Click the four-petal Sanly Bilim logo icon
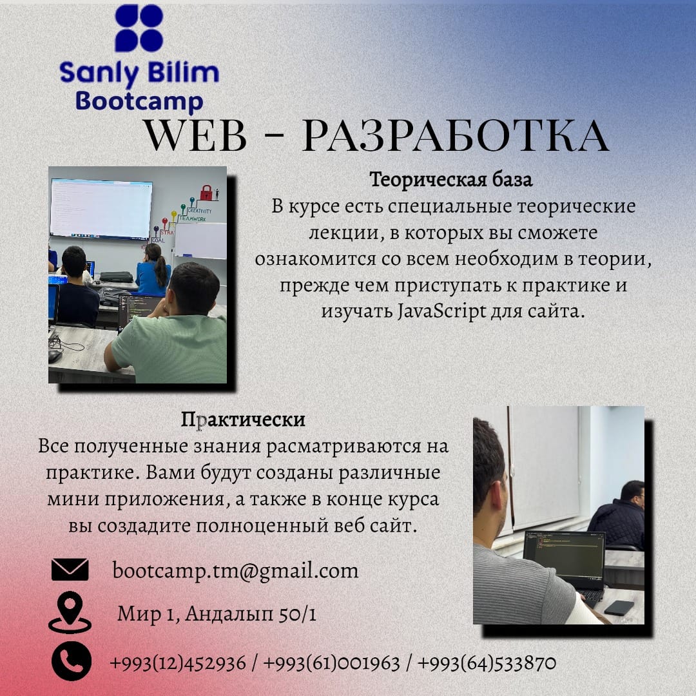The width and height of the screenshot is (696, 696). pos(139,28)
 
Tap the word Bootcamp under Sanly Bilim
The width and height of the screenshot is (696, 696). pos(139,102)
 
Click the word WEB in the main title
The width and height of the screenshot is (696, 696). pos(195,136)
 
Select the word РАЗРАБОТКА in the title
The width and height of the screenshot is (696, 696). pos(455,136)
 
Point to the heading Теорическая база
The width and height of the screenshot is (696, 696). pos(451,180)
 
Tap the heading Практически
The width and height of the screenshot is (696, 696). pos(243,420)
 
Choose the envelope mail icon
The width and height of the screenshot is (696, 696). pos(70,570)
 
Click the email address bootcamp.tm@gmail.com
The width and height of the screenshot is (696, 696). pos(235,570)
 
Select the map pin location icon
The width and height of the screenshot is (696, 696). pos(69,612)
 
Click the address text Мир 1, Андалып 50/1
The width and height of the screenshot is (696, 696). pos(217,614)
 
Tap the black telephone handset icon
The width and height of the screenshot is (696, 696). pos(71,661)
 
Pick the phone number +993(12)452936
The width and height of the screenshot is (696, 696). pos(178,662)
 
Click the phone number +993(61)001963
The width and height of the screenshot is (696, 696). pos(331,662)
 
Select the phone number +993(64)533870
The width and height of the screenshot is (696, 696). pos(487,662)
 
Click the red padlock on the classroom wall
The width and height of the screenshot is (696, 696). pos(206,192)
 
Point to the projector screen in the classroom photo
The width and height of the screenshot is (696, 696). pos(101,208)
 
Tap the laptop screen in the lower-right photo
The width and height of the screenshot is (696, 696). pos(563,554)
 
